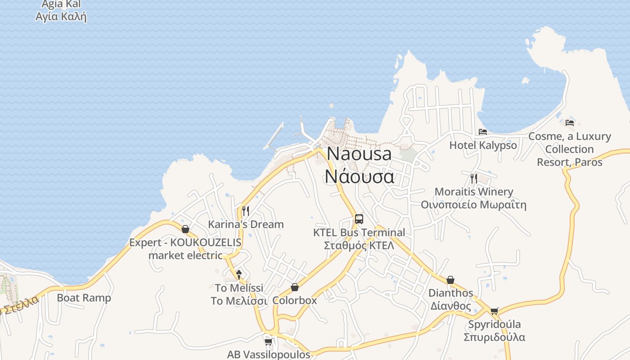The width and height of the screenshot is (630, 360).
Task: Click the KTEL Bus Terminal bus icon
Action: click(x=359, y=219)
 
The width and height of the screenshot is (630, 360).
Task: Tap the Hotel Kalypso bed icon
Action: click(x=483, y=132)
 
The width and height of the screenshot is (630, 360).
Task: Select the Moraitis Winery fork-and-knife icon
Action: click(x=473, y=178)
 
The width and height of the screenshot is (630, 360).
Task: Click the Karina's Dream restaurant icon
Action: click(x=245, y=211)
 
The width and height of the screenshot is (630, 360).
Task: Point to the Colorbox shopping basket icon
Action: click(x=295, y=287)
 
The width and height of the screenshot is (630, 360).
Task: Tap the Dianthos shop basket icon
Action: click(x=450, y=280)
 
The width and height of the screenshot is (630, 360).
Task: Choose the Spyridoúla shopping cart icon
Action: click(x=495, y=311)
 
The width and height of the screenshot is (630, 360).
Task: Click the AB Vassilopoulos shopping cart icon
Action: click(x=269, y=342)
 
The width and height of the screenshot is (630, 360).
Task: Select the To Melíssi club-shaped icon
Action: click(x=239, y=274)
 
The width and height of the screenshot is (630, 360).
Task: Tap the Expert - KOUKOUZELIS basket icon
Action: click(x=185, y=229)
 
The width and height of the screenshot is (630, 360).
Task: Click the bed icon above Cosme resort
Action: click(x=570, y=122)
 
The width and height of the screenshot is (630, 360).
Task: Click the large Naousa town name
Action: click(x=359, y=154)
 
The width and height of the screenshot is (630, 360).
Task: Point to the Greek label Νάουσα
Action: click(x=359, y=176)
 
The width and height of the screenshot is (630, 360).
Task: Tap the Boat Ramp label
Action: click(x=84, y=298)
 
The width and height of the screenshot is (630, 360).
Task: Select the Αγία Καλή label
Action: click(x=61, y=17)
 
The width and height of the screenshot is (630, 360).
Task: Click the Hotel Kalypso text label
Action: click(x=483, y=145)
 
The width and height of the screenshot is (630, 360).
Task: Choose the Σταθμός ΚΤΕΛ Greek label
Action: click(x=359, y=245)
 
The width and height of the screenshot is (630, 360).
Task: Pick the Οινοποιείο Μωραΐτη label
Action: click(x=473, y=205)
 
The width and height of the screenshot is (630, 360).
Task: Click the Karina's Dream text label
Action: click(x=246, y=224)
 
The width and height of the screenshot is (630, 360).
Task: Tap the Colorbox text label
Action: click(x=295, y=300)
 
